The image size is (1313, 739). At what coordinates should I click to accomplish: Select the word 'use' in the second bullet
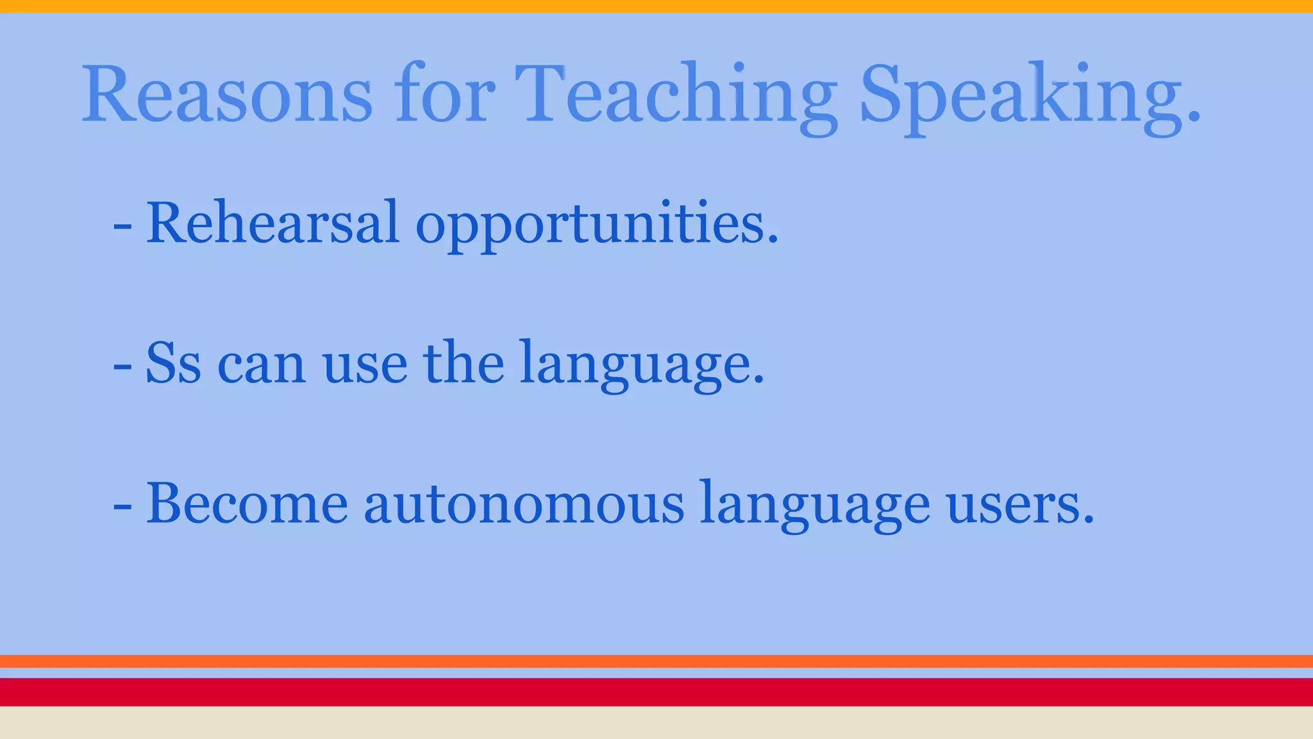pos(365,366)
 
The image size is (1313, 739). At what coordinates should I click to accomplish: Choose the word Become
pos(247,503)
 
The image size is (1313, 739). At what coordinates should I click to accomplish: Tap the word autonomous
pos(524,504)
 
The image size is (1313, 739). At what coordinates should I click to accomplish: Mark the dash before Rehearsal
pos(122,226)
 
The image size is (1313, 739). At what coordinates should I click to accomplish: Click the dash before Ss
pos(122,366)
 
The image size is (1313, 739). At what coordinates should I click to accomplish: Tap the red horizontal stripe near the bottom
pos(656,692)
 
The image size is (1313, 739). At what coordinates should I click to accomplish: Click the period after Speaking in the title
pos(1194,116)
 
